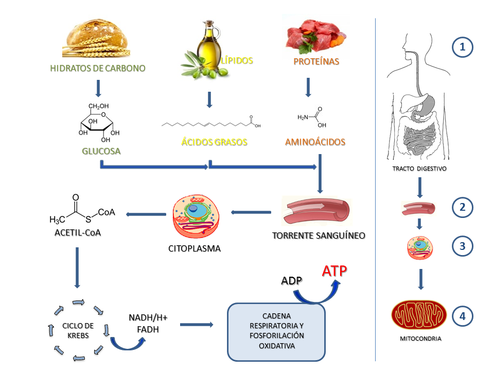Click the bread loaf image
click(x=98, y=39)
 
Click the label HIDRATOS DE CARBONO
click(x=98, y=68)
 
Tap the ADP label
click(x=292, y=281)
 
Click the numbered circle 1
click(x=462, y=48)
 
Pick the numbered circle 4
click(x=462, y=316)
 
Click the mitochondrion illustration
click(x=418, y=315)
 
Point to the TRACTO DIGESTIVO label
click(x=420, y=169)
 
